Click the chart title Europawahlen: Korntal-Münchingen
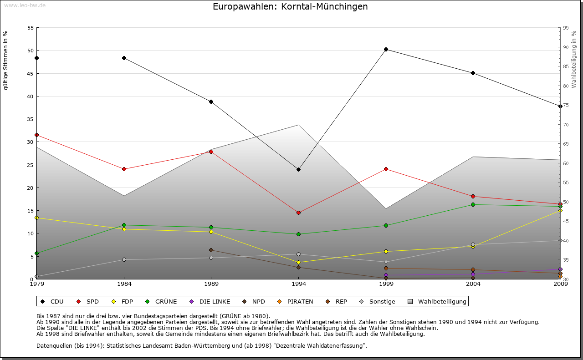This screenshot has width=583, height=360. [x=290, y=7]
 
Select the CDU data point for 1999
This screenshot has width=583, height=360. [x=386, y=49]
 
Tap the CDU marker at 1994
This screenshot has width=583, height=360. [x=298, y=169]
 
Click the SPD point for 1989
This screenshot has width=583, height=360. [x=211, y=152]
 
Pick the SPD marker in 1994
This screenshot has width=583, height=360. [x=298, y=213]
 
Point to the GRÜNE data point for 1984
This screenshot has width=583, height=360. [x=124, y=225]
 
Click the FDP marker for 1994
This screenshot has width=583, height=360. [x=298, y=262]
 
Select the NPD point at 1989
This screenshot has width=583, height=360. [x=211, y=250]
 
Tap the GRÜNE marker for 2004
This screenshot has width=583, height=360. [x=473, y=204]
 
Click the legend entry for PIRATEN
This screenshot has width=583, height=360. [x=300, y=301]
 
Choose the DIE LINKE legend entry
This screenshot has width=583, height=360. [x=214, y=301]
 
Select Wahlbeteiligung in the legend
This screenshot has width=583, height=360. [x=442, y=301]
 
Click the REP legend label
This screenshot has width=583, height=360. [x=341, y=301]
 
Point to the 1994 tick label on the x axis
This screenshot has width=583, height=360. [x=299, y=284]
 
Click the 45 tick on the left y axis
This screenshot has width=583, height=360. [x=30, y=73]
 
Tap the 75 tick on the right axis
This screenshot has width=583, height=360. [x=566, y=105]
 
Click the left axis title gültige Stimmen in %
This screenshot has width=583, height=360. [x=6, y=60]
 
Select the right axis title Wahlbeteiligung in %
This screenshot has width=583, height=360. [x=574, y=60]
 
